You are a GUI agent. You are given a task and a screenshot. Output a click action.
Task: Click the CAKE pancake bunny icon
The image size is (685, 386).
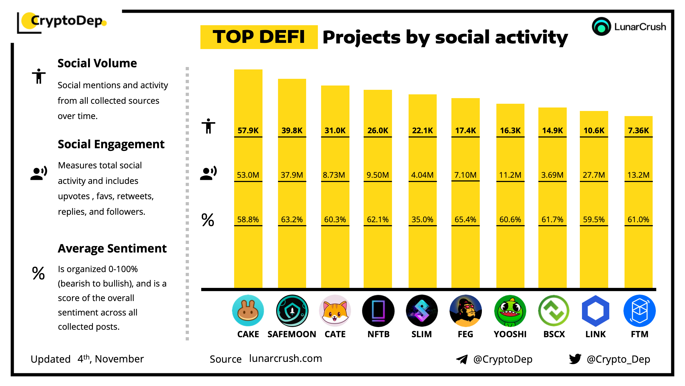pyautogui.click(x=248, y=310)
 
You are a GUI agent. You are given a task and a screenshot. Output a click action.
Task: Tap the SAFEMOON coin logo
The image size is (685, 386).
pyautogui.click(x=292, y=310)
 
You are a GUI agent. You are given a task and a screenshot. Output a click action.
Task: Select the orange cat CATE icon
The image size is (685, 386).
pyautogui.click(x=335, y=310)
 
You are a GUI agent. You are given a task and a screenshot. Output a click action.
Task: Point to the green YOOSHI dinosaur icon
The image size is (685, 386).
pyautogui.click(x=510, y=311)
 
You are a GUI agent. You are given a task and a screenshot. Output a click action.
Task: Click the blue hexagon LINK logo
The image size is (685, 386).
pyautogui.click(x=596, y=311)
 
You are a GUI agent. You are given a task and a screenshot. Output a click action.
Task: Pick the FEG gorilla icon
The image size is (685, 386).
pyautogui.click(x=466, y=310)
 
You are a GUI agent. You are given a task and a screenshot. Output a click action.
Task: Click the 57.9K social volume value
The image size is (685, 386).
pyautogui.click(x=248, y=131)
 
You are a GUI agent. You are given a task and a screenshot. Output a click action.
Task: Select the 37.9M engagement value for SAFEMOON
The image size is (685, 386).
pyautogui.click(x=292, y=175)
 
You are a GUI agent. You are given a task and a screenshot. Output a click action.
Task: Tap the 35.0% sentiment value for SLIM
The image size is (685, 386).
pyautogui.click(x=422, y=220)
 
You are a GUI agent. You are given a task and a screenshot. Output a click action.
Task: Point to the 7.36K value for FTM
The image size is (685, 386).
pyautogui.click(x=638, y=131)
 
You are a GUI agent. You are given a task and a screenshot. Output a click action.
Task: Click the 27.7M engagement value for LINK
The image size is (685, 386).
pyautogui.click(x=594, y=175)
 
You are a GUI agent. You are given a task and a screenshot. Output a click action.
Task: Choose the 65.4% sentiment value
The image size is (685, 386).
pyautogui.click(x=465, y=220)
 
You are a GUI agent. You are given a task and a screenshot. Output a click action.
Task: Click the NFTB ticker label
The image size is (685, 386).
pyautogui.click(x=378, y=334)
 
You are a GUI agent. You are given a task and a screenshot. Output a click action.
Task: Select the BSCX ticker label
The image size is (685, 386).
pyautogui.click(x=554, y=334)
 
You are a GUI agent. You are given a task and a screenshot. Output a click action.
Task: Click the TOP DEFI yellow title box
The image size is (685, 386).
pyautogui.click(x=259, y=37)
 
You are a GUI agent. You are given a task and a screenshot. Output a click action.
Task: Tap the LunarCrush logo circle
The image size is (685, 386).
pyautogui.click(x=601, y=27)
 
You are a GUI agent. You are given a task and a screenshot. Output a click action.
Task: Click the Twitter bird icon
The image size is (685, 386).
pyautogui.click(x=575, y=359)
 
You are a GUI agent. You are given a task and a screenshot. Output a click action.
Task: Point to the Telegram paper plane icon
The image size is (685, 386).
pyautogui.click(x=462, y=359)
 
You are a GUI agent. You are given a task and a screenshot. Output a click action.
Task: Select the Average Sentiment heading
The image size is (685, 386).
pyautogui.click(x=112, y=248)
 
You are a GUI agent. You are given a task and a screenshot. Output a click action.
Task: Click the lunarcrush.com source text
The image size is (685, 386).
pyautogui.click(x=286, y=358)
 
